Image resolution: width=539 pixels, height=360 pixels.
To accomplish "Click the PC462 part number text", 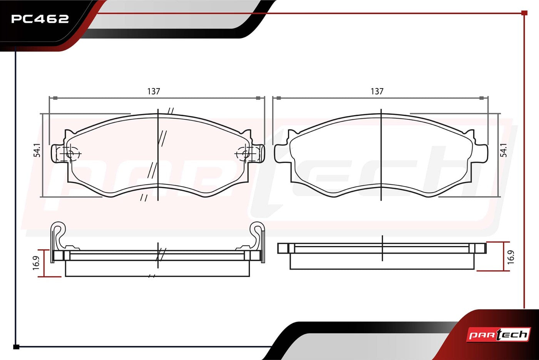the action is (x=40, y=19).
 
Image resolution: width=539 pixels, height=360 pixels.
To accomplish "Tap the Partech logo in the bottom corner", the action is (x=498, y=335).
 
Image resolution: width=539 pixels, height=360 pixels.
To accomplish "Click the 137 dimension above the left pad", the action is (x=154, y=92).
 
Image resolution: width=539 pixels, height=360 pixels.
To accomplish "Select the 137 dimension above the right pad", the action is (x=377, y=92).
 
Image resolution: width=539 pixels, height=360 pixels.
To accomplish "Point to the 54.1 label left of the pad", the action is (x=37, y=150).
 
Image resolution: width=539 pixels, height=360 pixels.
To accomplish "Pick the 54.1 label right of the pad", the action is (x=504, y=150).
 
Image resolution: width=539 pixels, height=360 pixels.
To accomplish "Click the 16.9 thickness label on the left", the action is (x=36, y=263).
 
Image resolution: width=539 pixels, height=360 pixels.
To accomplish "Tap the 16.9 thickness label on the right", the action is (x=511, y=257).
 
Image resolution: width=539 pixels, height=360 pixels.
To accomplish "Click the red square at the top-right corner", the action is (x=524, y=13).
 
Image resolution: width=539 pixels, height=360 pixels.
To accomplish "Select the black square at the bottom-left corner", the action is (x=16, y=347).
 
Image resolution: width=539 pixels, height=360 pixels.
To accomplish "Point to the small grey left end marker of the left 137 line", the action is (x=55, y=98).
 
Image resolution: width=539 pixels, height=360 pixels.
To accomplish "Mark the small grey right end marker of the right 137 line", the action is (x=482, y=98).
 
